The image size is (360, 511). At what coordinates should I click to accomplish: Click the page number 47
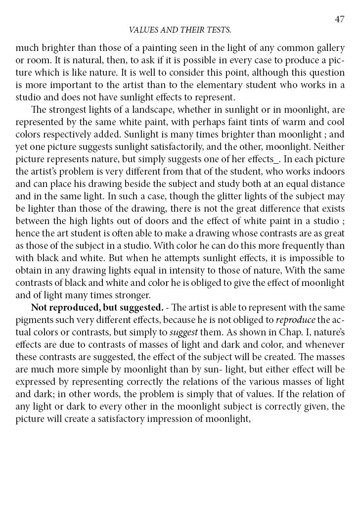coord(339,19)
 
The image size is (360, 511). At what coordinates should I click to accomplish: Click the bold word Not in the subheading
coord(39,307)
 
